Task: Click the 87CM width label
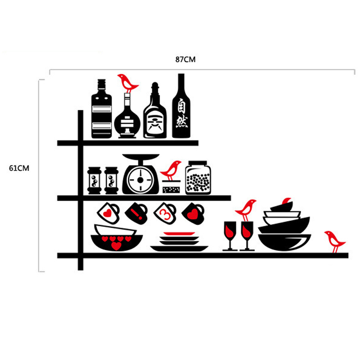click(x=185, y=59)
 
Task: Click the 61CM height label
click(x=19, y=168)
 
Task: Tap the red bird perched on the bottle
click(x=128, y=83)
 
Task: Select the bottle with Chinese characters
click(x=181, y=106)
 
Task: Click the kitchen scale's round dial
click(x=140, y=180)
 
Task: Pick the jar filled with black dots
click(x=198, y=177)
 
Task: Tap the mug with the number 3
click(x=165, y=213)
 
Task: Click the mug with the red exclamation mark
click(x=136, y=213)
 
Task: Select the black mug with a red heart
click(x=193, y=213)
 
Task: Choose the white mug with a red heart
click(x=108, y=213)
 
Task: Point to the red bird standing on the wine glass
click(x=246, y=210)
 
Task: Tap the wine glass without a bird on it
click(x=230, y=236)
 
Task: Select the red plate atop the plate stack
click(x=179, y=234)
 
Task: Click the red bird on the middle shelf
click(x=171, y=170)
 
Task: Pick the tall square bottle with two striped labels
click(x=102, y=109)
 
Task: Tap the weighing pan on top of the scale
click(x=141, y=157)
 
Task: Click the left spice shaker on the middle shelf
click(x=94, y=180)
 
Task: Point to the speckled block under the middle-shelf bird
click(x=171, y=189)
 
